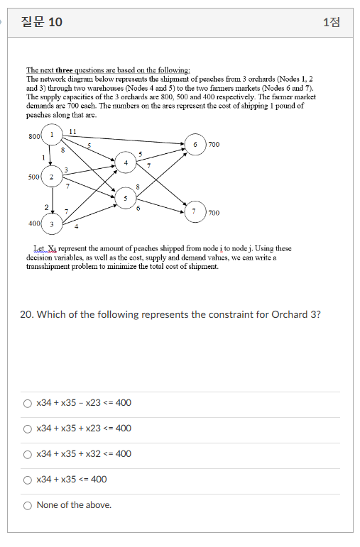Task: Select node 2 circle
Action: tap(52, 177)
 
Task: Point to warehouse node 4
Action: tap(125, 163)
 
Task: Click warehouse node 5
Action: tap(125, 198)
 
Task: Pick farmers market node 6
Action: tap(195, 144)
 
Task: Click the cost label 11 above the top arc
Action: tap(73, 131)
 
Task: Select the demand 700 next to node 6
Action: tap(214, 144)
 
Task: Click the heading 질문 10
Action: tap(42, 22)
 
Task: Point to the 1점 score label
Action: tap(331, 22)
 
